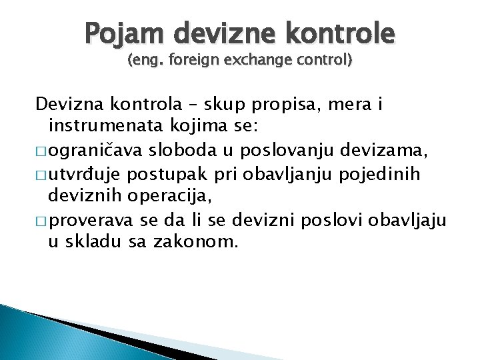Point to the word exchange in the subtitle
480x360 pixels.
[261, 61]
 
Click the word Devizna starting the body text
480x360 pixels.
[68, 105]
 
